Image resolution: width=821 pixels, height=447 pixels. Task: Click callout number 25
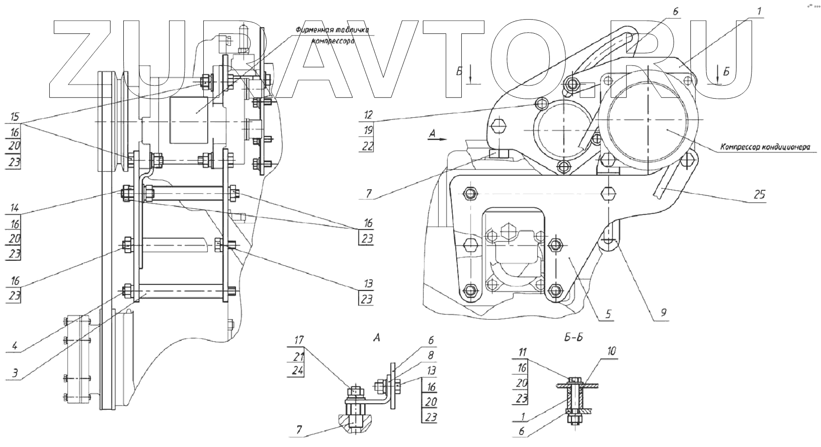click(x=759, y=195)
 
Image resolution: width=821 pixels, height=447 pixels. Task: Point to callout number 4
click(x=15, y=346)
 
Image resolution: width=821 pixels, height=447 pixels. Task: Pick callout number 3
click(x=15, y=373)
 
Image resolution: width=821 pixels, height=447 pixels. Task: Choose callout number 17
click(x=299, y=340)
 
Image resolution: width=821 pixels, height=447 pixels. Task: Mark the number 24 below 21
click(x=299, y=371)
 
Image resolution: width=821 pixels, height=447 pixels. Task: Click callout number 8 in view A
click(x=431, y=355)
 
